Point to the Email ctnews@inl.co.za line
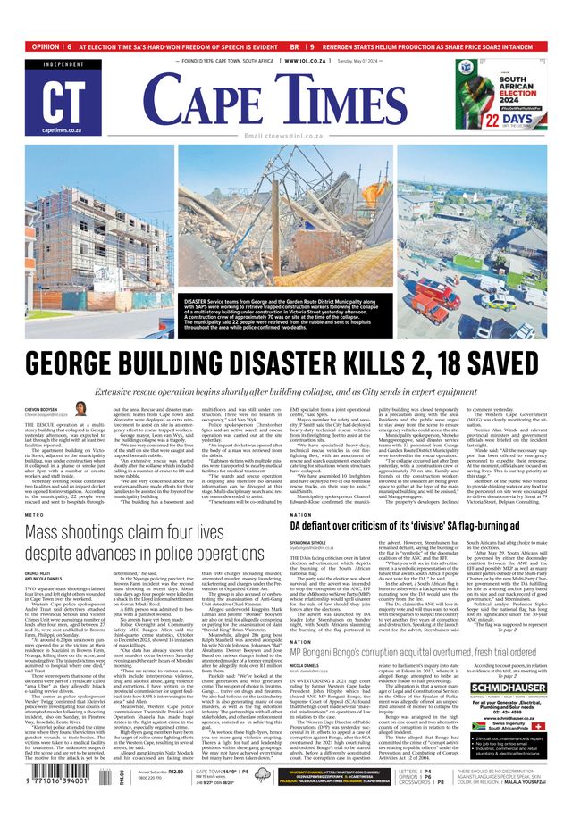(286, 135)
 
